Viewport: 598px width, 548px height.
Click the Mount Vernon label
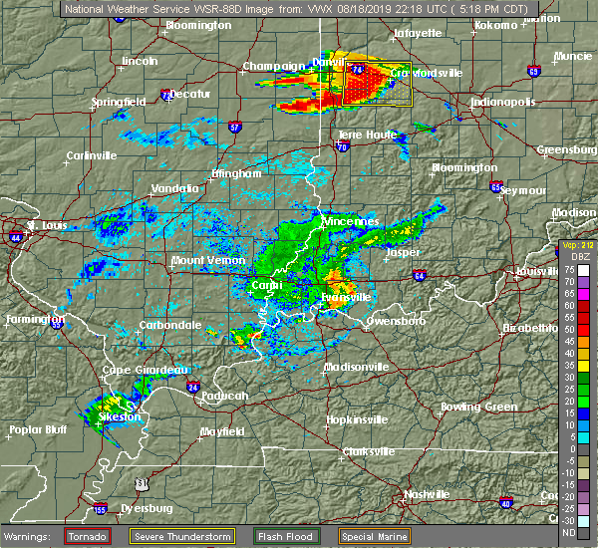click(202, 260)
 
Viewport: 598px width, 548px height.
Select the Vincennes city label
click(351, 220)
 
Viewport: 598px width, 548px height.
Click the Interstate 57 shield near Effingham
click(234, 127)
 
